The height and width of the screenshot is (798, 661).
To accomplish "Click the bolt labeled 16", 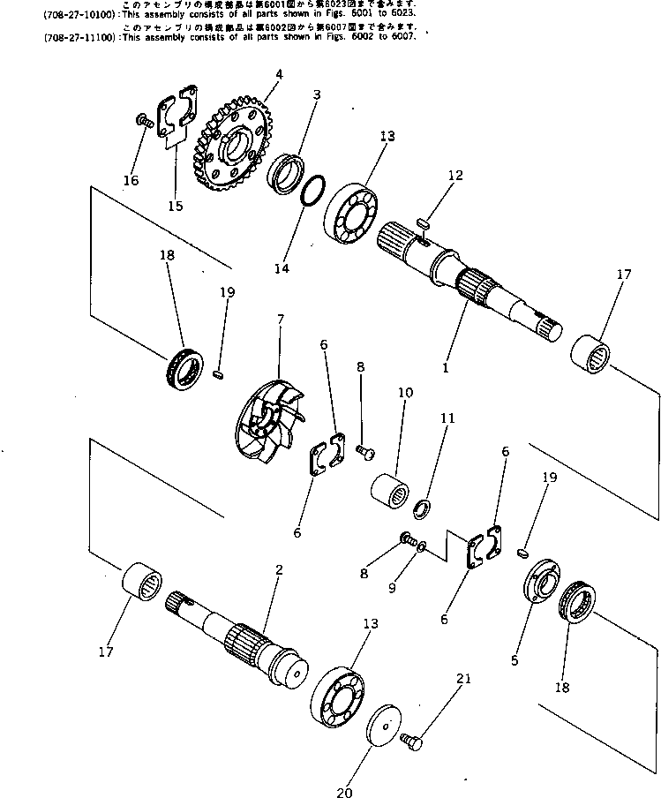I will click(x=141, y=121).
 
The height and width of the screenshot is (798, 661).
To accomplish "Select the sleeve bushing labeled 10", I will click(x=390, y=489).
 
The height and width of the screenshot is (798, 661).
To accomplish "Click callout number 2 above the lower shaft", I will click(x=278, y=570).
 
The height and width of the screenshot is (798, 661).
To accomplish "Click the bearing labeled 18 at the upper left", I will click(x=184, y=366).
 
